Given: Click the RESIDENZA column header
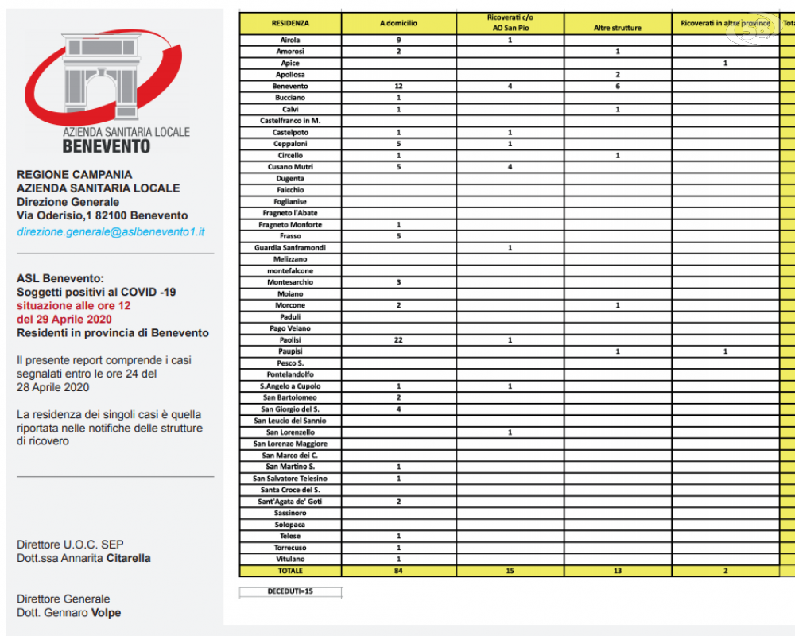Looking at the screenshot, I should click(x=290, y=24).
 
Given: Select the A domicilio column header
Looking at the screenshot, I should click(x=398, y=24).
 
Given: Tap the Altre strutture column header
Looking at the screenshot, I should click(x=617, y=28).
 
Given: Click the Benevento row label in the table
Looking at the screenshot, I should click(x=290, y=86).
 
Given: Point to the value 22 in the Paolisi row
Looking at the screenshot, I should click(x=398, y=339).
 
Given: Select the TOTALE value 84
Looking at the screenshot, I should click(x=398, y=571).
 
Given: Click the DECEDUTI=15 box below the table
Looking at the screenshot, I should click(x=291, y=591).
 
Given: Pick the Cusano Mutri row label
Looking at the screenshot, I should click(x=290, y=167).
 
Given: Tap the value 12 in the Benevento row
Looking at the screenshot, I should click(x=398, y=86).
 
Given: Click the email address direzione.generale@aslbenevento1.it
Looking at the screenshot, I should click(x=111, y=231).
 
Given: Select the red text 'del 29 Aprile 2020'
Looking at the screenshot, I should click(x=64, y=319).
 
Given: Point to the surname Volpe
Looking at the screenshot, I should click(x=105, y=613).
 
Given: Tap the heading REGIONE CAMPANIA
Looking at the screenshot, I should click(x=75, y=174).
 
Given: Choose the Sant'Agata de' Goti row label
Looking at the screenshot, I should click(x=290, y=502).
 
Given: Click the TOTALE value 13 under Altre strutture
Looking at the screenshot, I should click(x=617, y=571).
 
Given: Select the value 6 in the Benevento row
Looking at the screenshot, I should click(x=617, y=86).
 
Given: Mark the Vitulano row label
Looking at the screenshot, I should click(x=290, y=559).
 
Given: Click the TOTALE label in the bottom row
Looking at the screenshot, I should click(x=290, y=571).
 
